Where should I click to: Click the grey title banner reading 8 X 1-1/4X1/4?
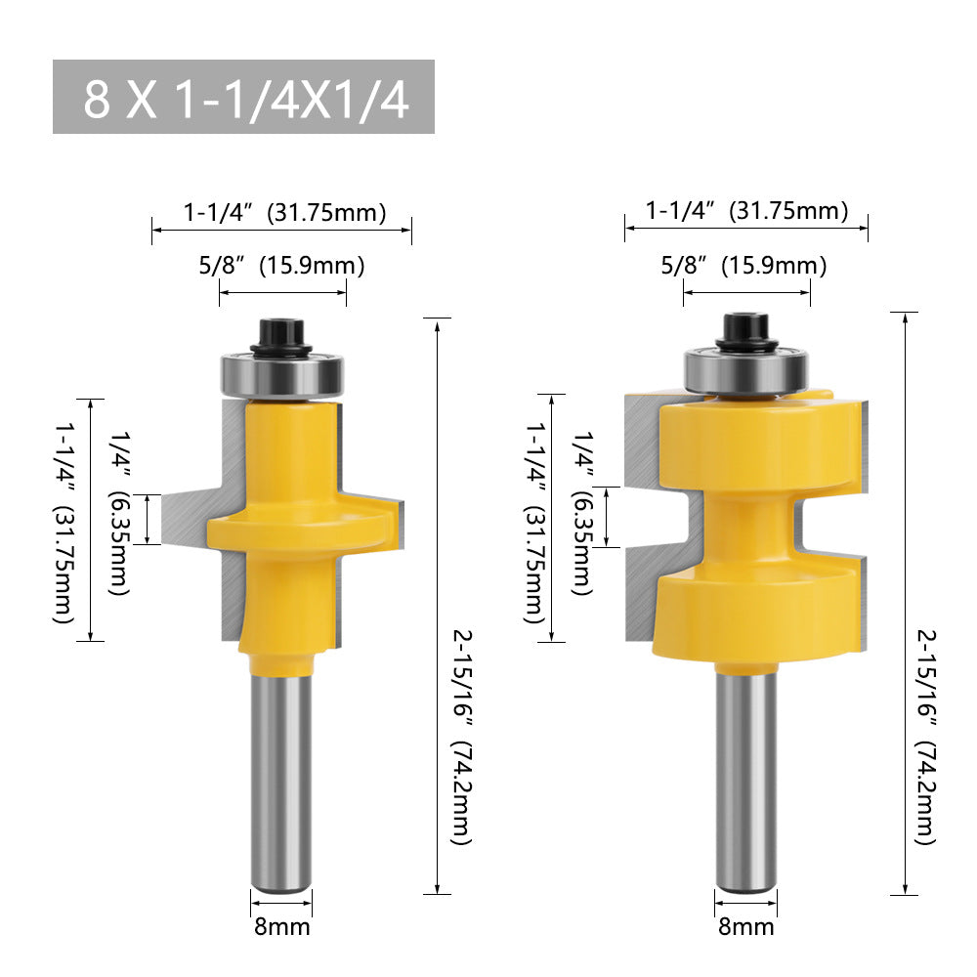tap(243, 98)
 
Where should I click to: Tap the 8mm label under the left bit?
tap(281, 924)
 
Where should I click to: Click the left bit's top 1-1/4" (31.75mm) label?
tap(284, 212)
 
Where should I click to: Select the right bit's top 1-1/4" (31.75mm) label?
tap(746, 210)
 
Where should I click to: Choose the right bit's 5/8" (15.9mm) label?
tap(743, 265)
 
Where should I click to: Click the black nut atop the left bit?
tap(280, 338)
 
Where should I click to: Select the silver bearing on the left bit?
tap(280, 374)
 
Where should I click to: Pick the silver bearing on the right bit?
tap(745, 368)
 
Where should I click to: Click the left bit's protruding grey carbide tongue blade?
tap(186, 519)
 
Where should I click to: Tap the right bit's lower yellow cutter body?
tap(757, 616)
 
